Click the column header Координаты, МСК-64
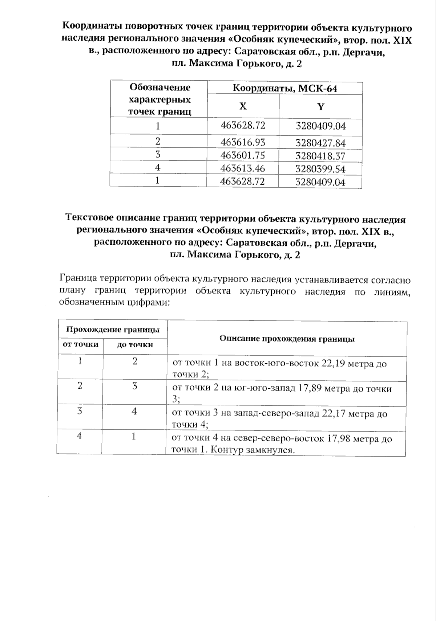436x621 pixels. coord(284,88)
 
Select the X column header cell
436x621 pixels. coord(243,106)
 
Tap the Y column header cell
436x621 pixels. coord(320,107)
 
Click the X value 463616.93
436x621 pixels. coord(243,142)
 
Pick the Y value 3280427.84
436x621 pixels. coord(320,143)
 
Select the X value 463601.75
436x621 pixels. coord(243,155)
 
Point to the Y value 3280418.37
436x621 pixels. coord(320,156)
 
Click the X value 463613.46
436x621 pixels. coord(243,168)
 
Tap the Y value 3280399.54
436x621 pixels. coord(320,169)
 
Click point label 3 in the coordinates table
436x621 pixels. coord(158,155)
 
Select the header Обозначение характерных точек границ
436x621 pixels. coord(160,99)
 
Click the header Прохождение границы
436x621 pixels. coord(113,330)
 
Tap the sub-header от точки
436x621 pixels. coord(81,344)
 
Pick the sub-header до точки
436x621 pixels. coord(135,344)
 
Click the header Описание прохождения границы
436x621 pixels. coord(287,339)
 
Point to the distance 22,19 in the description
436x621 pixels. coord(334,364)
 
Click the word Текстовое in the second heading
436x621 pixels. coord(89,219)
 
